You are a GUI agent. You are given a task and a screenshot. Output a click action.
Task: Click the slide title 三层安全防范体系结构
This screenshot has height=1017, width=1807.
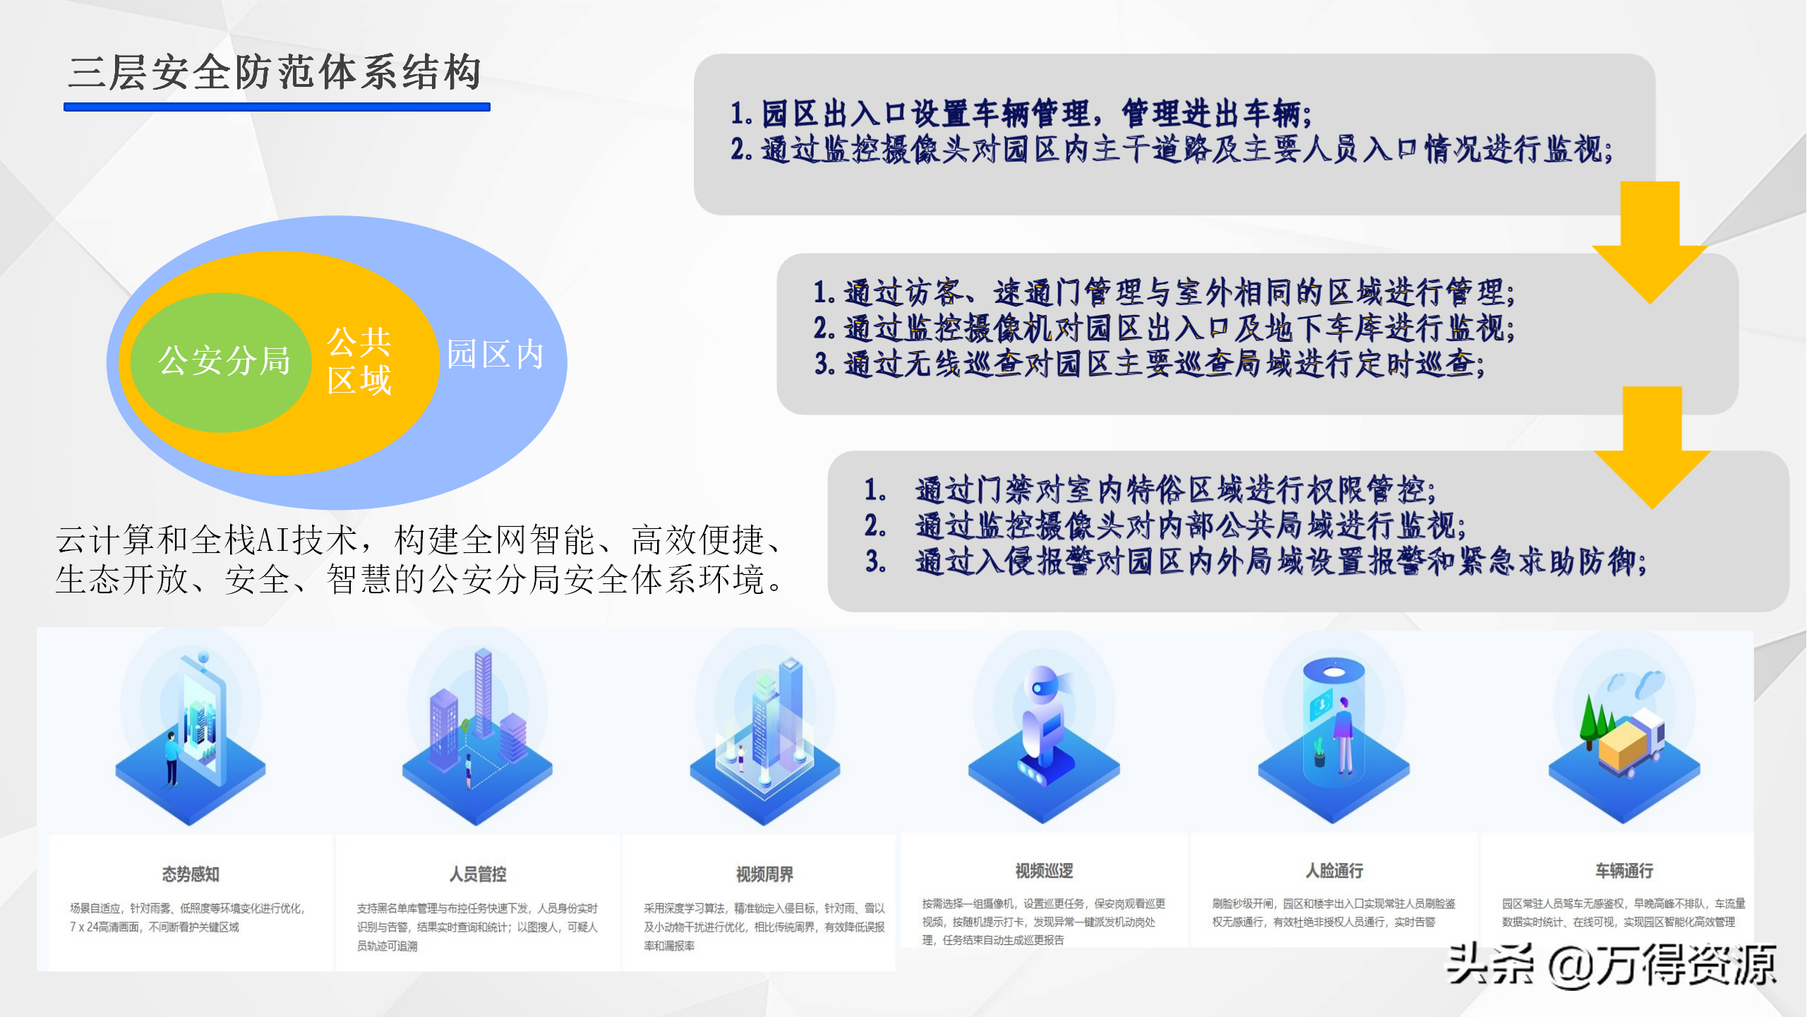tap(275, 72)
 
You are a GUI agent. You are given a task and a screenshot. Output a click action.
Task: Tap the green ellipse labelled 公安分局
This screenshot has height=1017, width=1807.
tap(222, 362)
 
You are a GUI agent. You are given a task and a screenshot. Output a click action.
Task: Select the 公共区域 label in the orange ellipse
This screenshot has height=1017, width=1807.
tap(359, 361)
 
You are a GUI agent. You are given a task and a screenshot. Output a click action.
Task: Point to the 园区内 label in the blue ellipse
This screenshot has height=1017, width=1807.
tap(496, 355)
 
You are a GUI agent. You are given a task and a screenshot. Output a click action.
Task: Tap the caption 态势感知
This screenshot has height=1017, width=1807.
tap(191, 874)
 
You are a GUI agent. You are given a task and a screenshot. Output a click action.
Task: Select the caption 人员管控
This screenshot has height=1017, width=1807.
tap(478, 874)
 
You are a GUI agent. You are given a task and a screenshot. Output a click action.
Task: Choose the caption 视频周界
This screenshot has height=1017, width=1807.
tap(764, 874)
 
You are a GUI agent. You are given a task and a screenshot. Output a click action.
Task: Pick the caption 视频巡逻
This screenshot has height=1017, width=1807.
tap(1044, 871)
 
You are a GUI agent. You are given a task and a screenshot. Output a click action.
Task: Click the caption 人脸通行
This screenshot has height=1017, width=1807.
tap(1334, 871)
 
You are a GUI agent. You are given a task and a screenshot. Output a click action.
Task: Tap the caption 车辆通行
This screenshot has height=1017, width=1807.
tap(1624, 871)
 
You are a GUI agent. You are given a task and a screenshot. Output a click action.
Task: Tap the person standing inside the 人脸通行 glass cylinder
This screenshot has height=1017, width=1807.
tap(1343, 735)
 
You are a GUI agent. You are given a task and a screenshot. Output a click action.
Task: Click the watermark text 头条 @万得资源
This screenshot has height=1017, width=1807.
tap(1611, 965)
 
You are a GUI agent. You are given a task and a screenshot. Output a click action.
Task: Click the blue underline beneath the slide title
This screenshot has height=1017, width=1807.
tap(277, 107)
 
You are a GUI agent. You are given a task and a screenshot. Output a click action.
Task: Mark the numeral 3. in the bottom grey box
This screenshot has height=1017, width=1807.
tap(875, 561)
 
